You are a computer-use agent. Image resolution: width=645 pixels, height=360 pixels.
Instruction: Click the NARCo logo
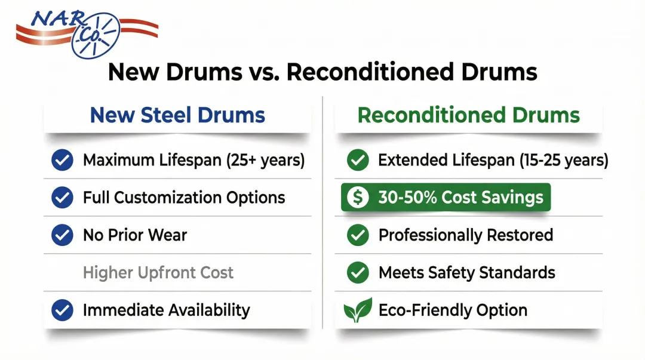point(87,33)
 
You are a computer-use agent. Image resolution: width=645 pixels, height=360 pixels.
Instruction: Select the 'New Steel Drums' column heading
point(177,115)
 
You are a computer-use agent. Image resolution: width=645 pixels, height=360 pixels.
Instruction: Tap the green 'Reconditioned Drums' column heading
point(469,115)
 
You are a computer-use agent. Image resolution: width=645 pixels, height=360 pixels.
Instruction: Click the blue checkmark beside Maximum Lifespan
point(63,160)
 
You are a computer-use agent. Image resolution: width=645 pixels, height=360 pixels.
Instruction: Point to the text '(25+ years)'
point(266,160)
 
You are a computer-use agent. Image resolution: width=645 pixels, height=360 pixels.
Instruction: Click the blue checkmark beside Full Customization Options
point(63,198)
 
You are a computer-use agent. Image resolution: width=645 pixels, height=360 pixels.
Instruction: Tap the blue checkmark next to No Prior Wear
point(63,235)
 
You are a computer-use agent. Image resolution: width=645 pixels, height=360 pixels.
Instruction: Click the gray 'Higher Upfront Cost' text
point(158,272)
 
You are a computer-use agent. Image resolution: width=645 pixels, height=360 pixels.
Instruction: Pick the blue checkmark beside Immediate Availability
point(63,310)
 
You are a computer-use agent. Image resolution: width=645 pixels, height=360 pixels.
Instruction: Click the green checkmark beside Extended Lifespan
point(358,160)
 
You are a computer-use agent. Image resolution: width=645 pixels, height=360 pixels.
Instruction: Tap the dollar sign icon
point(358,198)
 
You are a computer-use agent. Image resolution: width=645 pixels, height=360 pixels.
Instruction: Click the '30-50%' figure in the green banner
point(407,198)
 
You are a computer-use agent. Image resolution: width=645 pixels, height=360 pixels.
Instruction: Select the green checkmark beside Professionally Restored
point(358,235)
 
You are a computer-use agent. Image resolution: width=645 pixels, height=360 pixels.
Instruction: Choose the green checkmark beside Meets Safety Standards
point(358,272)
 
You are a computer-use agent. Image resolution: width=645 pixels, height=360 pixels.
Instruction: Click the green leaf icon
point(358,310)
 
